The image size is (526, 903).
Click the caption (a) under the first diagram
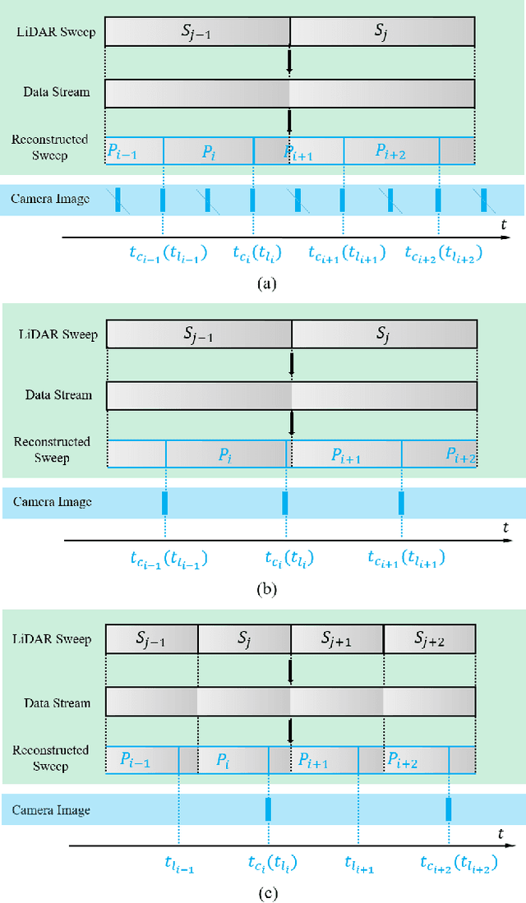pyautogui.click(x=263, y=283)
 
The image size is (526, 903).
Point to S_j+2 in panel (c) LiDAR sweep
pyautogui.click(x=430, y=639)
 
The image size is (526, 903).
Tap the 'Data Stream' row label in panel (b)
pyautogui.click(x=58, y=395)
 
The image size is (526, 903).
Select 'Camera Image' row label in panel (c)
pyautogui.click(x=51, y=810)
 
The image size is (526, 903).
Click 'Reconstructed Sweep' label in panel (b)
pyautogui.click(x=52, y=450)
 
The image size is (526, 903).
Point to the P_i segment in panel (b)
pyautogui.click(x=226, y=454)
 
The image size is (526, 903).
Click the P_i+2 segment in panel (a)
pyautogui.click(x=392, y=150)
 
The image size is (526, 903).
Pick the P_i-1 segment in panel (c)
pyautogui.click(x=136, y=759)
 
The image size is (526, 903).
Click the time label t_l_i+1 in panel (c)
pyautogui.click(x=359, y=864)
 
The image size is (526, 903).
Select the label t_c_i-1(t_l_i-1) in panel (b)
pyautogui.click(x=168, y=560)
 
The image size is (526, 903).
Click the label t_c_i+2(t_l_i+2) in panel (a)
pyautogui.click(x=443, y=255)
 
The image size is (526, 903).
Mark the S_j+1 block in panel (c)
pyautogui.click(x=336, y=639)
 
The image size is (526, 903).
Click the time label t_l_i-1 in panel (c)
pyautogui.click(x=178, y=864)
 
